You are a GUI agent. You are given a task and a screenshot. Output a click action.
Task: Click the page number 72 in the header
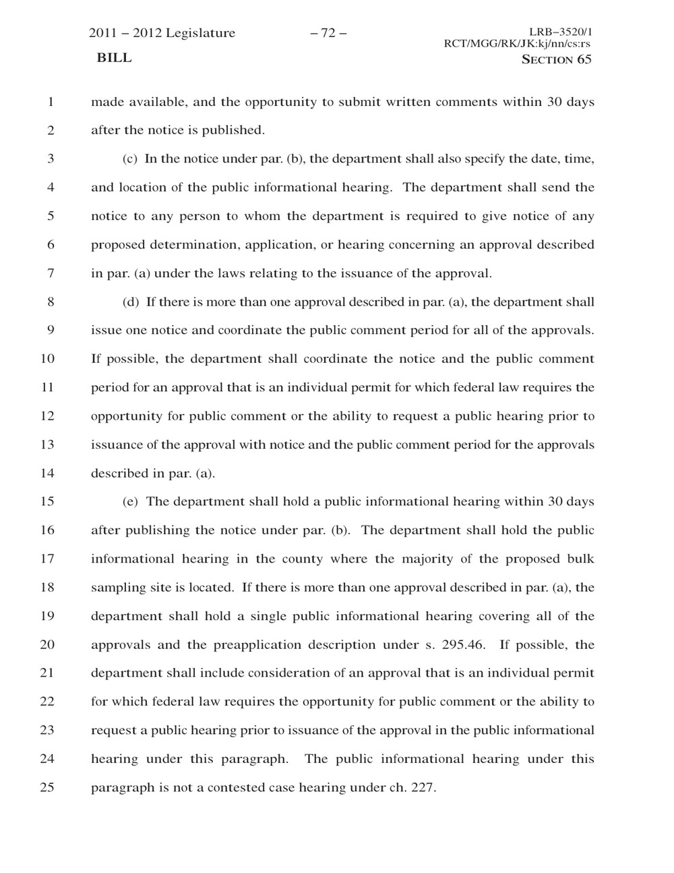[328, 33]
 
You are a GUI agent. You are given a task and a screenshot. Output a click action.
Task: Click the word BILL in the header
[114, 58]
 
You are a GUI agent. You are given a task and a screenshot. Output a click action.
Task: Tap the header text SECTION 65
[557, 59]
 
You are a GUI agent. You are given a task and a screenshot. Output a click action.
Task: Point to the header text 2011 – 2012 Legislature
[162, 33]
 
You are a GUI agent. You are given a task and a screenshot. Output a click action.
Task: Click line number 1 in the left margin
[50, 103]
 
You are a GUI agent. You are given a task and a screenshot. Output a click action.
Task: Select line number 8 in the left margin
[50, 302]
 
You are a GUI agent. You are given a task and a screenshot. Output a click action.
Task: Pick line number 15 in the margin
[47, 502]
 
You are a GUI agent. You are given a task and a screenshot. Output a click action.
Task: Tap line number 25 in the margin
[47, 787]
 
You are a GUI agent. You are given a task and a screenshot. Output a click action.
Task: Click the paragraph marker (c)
[130, 159]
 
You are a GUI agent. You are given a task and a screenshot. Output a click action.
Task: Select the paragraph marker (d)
[131, 302]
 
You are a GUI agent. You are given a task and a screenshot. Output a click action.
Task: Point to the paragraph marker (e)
[130, 502]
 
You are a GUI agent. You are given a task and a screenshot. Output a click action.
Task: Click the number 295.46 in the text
[463, 644]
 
